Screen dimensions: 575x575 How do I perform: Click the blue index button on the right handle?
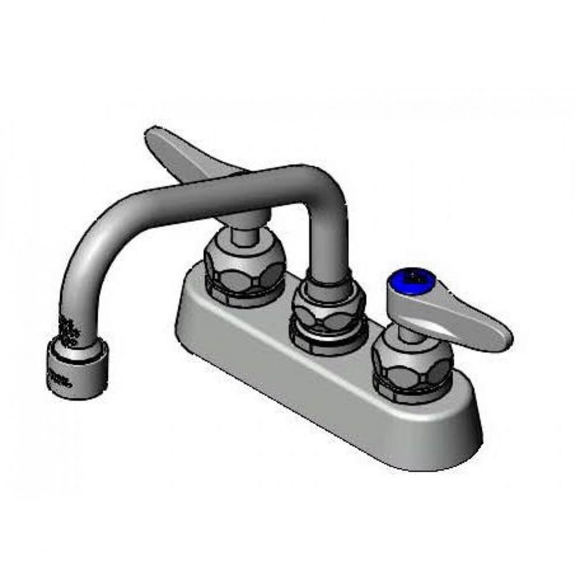click(x=412, y=280)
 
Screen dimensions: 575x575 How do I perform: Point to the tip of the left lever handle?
click(x=151, y=133)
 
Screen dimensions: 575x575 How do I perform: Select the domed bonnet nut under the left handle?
click(x=245, y=268)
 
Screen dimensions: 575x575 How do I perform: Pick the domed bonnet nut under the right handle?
click(x=412, y=363)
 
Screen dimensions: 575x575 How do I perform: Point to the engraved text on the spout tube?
click(x=68, y=331)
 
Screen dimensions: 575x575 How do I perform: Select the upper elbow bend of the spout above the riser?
click(x=322, y=184)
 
